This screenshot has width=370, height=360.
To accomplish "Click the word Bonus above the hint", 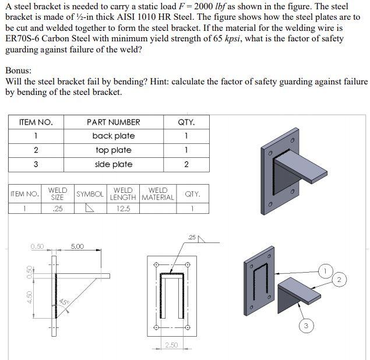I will coord(19,70).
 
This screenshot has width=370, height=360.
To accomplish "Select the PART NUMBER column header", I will coord(113,122).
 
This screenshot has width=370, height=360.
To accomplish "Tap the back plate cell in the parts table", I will coord(113,136).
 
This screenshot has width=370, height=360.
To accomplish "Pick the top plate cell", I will coord(113,150).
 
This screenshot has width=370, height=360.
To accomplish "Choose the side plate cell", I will coord(113,164).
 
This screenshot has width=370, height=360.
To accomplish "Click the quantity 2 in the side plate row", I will coord(186,164).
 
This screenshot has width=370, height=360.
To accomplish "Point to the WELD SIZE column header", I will coord(57,194).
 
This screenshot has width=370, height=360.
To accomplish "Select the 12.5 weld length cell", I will coord(123,208).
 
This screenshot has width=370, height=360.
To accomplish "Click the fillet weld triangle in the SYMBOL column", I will coord(90,208).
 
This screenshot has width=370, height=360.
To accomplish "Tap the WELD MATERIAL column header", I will coord(158,194).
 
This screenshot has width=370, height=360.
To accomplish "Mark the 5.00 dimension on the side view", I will coord(77,246).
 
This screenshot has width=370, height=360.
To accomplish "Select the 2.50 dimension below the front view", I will coord(171,346).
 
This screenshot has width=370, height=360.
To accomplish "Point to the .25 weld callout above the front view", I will coord(193,237).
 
